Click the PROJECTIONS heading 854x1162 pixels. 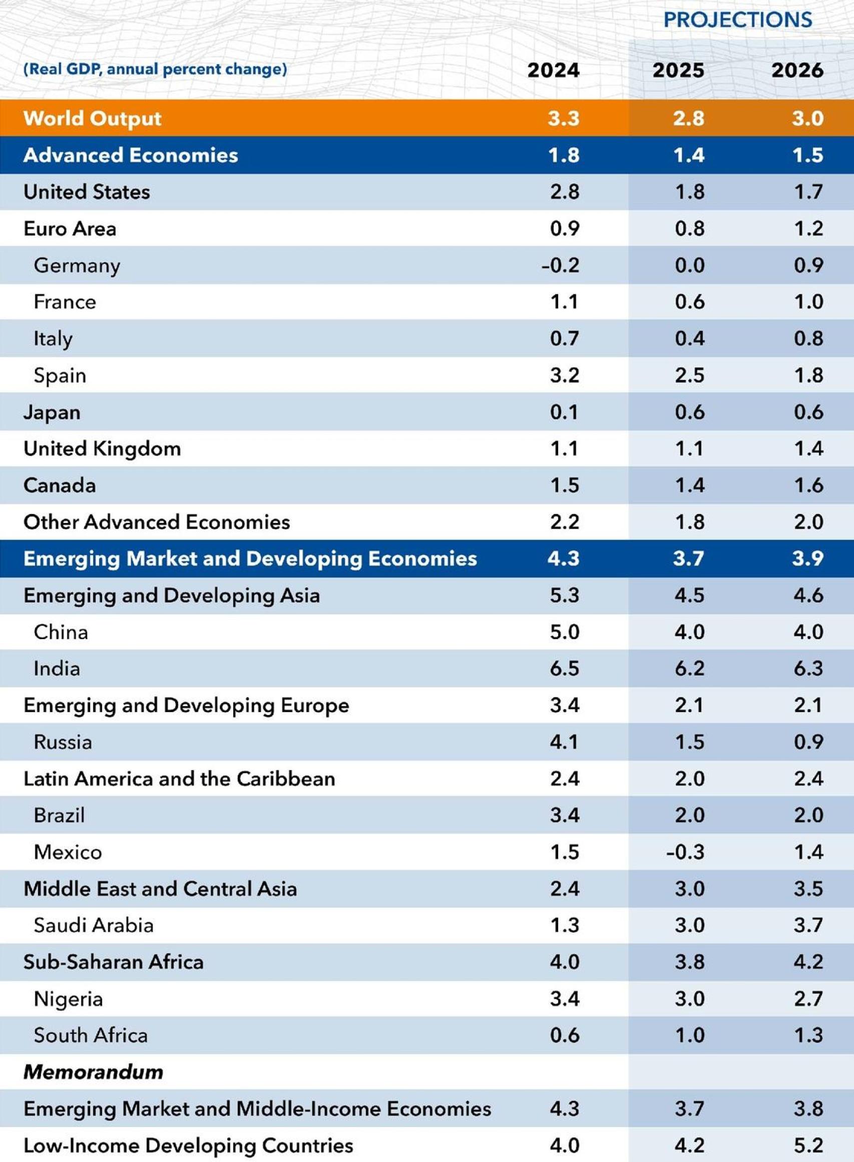(x=738, y=20)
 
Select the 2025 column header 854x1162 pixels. (x=678, y=70)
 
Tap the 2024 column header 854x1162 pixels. (x=553, y=70)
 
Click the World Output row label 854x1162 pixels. (x=93, y=118)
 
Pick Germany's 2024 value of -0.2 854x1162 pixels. (x=560, y=266)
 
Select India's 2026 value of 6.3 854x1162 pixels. (x=808, y=669)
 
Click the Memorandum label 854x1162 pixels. (x=93, y=1072)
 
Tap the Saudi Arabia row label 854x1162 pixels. (x=94, y=925)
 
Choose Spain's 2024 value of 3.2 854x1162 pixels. (x=565, y=375)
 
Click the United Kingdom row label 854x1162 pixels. (x=102, y=448)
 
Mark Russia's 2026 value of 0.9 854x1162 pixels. (x=808, y=742)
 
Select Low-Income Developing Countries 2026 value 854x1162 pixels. (x=808, y=1145)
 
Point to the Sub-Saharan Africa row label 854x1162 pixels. (x=113, y=962)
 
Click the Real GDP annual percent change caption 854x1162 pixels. (x=155, y=69)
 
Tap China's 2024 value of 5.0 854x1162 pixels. (x=565, y=632)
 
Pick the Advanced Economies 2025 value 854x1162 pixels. (x=689, y=156)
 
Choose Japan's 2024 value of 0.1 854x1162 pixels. (x=565, y=412)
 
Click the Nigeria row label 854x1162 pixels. (x=68, y=999)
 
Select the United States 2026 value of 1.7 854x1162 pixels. (x=808, y=192)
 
